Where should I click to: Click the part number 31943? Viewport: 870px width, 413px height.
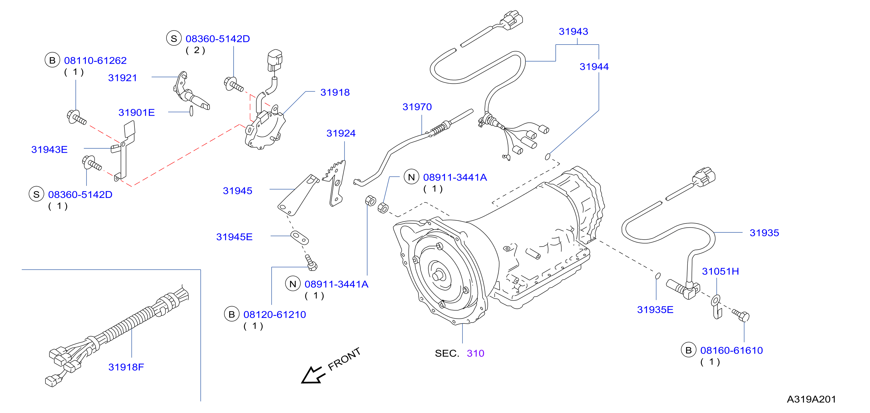tap(573, 31)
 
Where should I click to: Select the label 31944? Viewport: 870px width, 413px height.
tap(594, 67)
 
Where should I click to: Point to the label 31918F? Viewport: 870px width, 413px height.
tap(126, 367)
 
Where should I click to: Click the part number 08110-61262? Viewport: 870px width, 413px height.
tap(95, 60)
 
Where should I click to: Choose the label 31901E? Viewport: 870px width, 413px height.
tap(136, 112)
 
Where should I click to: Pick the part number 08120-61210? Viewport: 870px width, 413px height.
tap(275, 314)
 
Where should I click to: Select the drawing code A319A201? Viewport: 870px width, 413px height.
tap(811, 399)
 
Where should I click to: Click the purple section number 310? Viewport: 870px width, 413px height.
tap(476, 353)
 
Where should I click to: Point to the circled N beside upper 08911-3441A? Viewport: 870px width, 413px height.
tap(411, 177)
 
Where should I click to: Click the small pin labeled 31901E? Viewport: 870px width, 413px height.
tap(192, 111)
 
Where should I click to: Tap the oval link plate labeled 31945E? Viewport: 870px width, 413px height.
tap(299, 237)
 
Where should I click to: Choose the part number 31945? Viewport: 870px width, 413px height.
tap(237, 191)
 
